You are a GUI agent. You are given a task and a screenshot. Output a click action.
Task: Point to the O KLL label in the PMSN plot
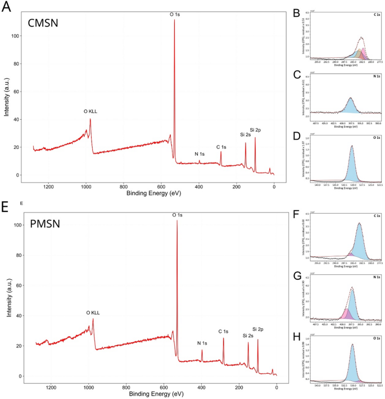pos(96,312)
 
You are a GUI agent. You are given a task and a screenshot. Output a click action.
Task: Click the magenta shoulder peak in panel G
pos(346,312)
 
